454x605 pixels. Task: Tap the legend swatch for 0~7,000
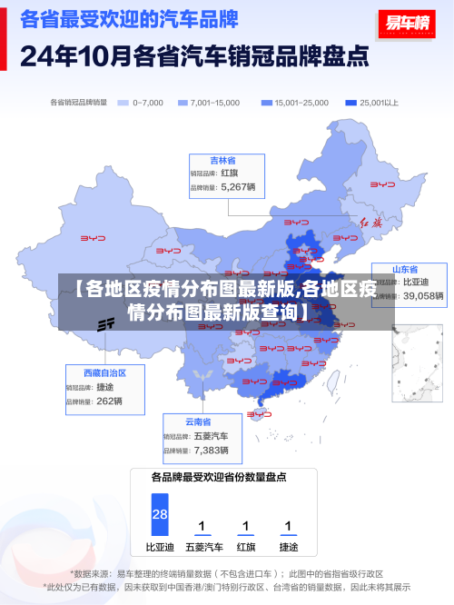tap(123, 103)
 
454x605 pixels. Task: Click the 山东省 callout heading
tap(405, 270)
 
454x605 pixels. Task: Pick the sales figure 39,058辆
tap(423, 295)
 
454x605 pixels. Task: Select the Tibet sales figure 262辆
tap(109, 401)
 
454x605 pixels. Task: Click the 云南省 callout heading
tap(198, 422)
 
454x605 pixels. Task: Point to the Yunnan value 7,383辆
tap(212, 450)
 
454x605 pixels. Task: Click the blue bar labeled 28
tap(160, 514)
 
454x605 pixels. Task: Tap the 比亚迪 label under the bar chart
tap(160, 547)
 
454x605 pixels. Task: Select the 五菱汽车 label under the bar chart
tap(203, 547)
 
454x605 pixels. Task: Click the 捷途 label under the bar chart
tap(288, 547)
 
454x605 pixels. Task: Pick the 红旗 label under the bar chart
tap(246, 547)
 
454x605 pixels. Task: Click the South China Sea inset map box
tap(417, 362)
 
